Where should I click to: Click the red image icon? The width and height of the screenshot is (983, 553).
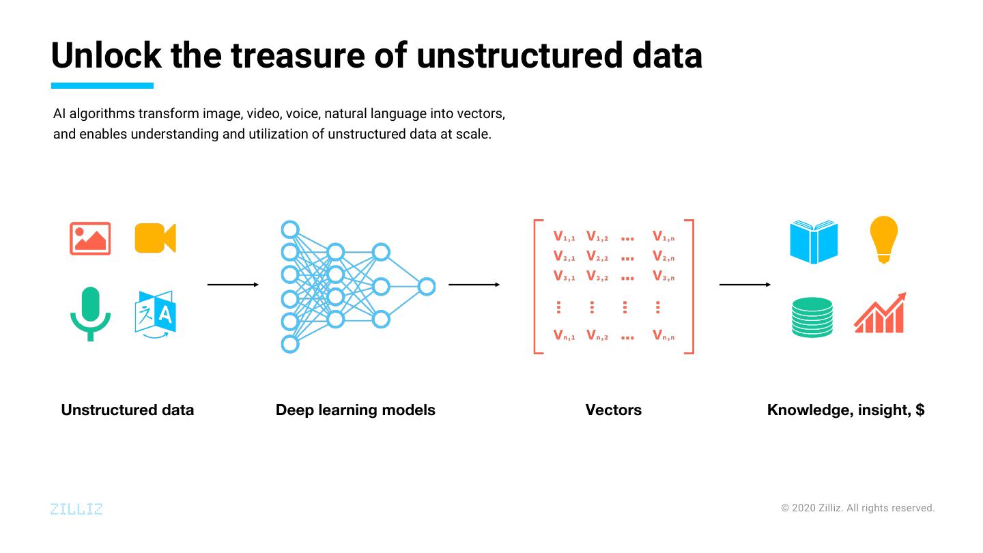coord(90,238)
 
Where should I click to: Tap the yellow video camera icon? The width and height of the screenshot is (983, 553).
coord(155,238)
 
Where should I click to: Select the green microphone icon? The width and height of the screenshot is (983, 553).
coord(90,313)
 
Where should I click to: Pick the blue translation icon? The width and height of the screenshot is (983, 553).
coord(155,314)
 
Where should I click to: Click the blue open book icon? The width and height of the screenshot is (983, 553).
coord(814,242)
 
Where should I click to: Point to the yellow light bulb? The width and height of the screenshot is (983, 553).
coord(883,239)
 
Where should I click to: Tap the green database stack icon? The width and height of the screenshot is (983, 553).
coord(812,317)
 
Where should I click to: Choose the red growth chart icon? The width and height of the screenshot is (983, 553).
coord(880,314)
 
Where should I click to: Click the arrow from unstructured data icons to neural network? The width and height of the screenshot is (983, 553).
coord(233,285)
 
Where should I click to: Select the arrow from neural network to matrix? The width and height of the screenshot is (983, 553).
coord(474,285)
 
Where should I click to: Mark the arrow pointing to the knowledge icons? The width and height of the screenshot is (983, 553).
coord(745,285)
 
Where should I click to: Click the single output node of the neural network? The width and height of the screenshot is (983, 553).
coord(427,286)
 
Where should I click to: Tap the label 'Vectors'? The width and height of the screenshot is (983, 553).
coord(613,410)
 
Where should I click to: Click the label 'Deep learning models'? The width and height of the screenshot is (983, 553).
coord(355,410)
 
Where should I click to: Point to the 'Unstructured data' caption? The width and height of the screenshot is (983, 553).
coord(128,410)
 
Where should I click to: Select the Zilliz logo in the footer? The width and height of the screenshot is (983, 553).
coord(76,509)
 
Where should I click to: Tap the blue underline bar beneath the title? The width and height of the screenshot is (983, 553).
coord(102,86)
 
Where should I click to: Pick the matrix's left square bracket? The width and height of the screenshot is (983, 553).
coord(537,287)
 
